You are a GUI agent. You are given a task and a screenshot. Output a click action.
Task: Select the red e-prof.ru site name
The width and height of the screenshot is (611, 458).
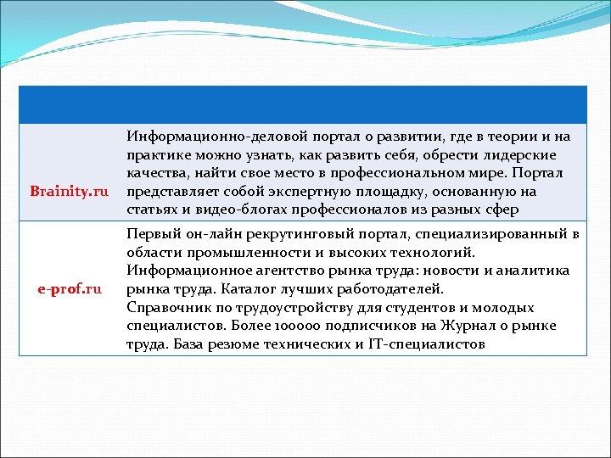coord(70,289)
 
